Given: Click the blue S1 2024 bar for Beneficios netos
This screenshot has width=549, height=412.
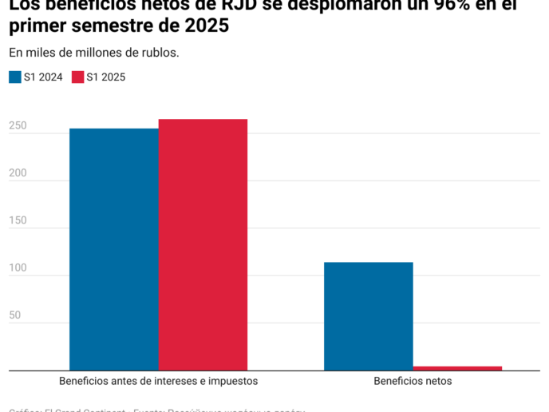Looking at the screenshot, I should coord(368,315).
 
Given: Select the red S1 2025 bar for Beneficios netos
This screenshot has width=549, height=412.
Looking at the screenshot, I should coord(457,368).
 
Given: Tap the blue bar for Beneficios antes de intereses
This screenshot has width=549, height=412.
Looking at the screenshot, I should coord(113,249).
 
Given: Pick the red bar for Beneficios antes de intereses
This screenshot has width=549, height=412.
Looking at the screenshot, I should coord(203,244).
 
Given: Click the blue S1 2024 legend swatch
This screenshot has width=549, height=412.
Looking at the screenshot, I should coord(14,77).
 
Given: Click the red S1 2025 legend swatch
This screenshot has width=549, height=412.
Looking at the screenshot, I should coord(77,77).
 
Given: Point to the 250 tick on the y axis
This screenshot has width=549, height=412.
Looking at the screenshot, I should coord(18,126).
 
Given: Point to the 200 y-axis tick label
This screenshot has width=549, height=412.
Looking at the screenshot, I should coord(18,173).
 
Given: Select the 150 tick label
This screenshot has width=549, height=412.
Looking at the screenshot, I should coord(18,220).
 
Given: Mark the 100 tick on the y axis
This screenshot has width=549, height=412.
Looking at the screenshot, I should coord(18,268).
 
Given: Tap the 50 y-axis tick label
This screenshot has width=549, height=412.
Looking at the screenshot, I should coord(14,315).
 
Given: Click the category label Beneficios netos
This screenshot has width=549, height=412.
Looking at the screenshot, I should coord(413,381).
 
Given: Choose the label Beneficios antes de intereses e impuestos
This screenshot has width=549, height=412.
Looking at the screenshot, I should coord(158,381).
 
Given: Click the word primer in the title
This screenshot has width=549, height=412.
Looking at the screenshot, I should coord(36,26).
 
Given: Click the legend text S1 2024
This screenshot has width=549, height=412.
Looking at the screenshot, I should coord(44,77).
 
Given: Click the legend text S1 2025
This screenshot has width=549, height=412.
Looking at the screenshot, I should coord(106,77).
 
